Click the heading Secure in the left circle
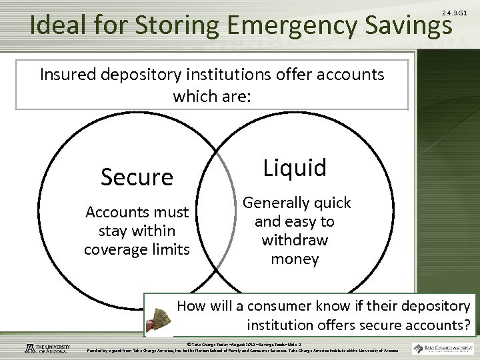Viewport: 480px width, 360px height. coord(137,177)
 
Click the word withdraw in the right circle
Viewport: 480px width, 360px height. coord(295,239)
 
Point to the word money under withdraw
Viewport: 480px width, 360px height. coord(295,258)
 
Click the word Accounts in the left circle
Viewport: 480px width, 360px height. coord(119,213)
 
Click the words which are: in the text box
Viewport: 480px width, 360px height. coord(212,96)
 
